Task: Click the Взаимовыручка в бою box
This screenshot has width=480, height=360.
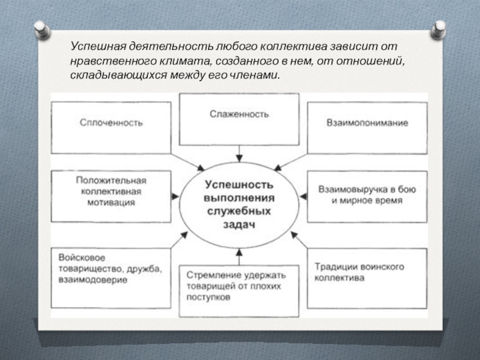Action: point(367,196)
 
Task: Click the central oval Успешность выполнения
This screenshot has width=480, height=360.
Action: point(239,204)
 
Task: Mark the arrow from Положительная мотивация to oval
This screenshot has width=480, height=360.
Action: point(177,195)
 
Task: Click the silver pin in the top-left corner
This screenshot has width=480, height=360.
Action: point(41,28)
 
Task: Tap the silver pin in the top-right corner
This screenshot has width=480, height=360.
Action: point(439,28)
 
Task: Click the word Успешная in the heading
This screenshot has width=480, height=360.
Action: point(94,47)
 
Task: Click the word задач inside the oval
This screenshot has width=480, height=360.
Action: point(239,224)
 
